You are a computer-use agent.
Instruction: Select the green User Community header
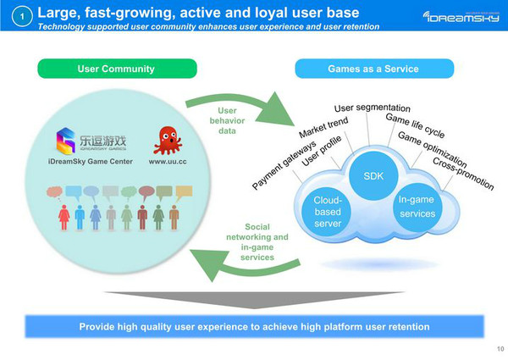[116, 68]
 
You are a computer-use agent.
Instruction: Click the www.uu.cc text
[168, 161]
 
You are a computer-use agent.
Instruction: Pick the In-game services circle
[416, 205]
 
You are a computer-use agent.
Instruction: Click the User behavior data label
[227, 120]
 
